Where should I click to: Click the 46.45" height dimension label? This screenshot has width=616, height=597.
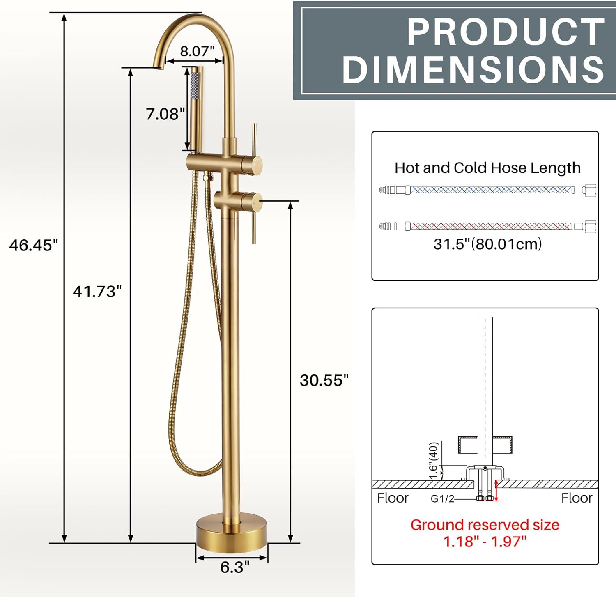(34, 245)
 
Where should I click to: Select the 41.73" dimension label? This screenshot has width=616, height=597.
(97, 292)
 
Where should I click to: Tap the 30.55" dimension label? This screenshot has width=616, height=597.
(324, 380)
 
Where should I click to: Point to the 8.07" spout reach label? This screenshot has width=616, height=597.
(197, 51)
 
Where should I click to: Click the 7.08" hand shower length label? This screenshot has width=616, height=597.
(165, 114)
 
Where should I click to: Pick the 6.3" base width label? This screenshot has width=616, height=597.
(234, 567)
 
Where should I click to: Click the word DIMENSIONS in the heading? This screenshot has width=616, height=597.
(473, 70)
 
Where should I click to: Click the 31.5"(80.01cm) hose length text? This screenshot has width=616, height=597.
(488, 244)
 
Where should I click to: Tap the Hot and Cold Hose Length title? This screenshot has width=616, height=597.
(487, 168)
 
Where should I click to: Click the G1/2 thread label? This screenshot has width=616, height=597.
(442, 499)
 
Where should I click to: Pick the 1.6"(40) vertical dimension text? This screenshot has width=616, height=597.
(434, 460)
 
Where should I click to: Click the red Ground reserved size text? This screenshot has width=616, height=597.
(485, 525)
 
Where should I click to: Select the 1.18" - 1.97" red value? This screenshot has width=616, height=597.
(485, 542)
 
